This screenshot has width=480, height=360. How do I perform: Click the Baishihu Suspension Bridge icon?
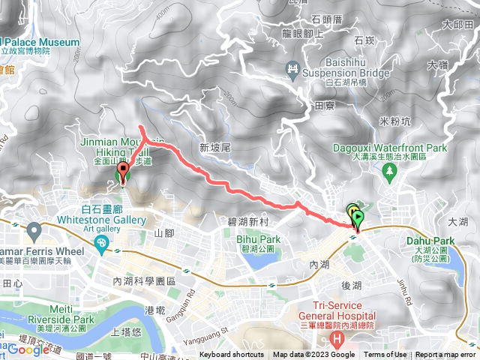[x=293, y=70]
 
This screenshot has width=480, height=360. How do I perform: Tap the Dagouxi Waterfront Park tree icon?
[x=389, y=172]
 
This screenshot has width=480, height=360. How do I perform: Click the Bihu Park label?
[x=261, y=239]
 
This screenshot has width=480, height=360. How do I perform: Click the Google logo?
[x=28, y=349]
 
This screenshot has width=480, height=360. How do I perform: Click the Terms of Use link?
[x=385, y=355]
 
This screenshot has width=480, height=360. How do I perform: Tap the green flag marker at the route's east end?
[x=358, y=220]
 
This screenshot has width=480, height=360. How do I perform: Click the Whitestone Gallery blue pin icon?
[x=100, y=243]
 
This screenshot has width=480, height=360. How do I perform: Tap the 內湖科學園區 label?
[x=143, y=280]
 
